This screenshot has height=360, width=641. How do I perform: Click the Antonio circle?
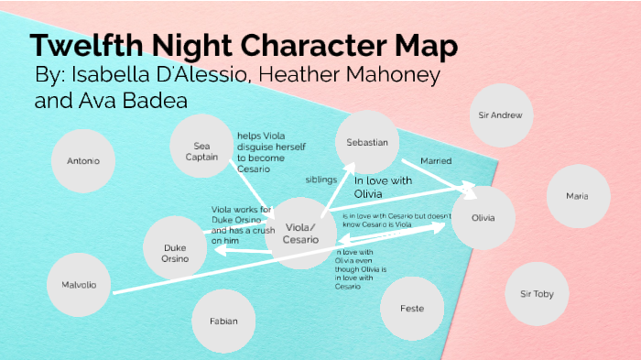[x=84, y=161]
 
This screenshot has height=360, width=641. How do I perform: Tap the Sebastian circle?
[x=367, y=143]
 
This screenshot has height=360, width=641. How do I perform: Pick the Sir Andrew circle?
[x=501, y=116]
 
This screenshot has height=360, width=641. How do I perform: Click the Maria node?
[x=577, y=196]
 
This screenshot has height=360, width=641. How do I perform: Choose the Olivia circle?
[x=483, y=218]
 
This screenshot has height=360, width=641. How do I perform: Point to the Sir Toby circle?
[x=537, y=294]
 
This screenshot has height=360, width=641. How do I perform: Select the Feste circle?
[x=412, y=309]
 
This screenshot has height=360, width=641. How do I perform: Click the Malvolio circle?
[x=79, y=284]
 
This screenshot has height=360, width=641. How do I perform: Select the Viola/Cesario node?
[x=302, y=233]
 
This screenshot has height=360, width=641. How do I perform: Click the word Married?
[x=436, y=160]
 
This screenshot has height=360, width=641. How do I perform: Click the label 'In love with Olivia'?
[x=384, y=187]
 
